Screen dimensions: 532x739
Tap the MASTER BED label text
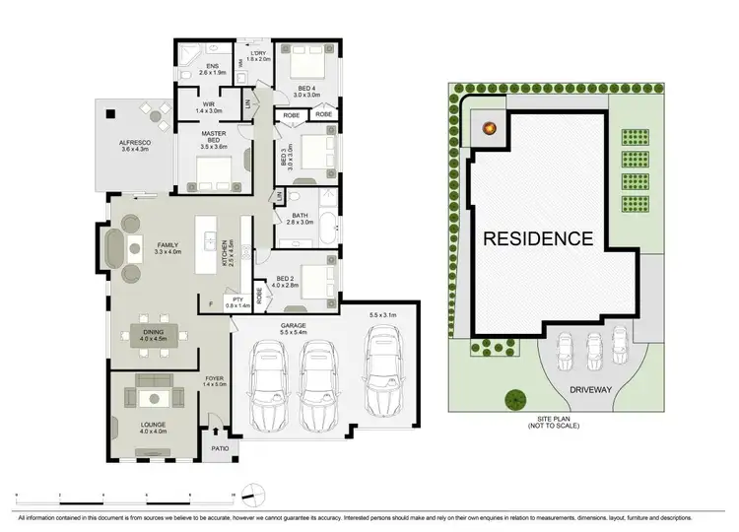tap(214, 139)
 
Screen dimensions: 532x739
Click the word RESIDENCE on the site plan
tap(538, 237)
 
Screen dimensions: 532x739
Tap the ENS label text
tap(211, 68)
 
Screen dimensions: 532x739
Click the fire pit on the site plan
tap(489, 126)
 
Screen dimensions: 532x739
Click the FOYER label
tap(214, 380)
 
